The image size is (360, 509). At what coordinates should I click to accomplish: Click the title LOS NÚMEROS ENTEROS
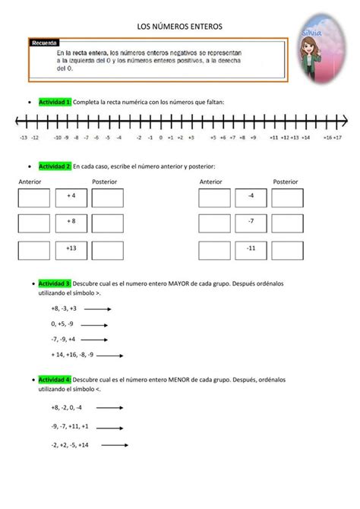[180, 27]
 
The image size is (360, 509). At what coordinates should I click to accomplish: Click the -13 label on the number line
[24, 138]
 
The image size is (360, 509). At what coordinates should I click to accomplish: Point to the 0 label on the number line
[160, 138]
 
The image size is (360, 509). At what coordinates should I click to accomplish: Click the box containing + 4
[71, 198]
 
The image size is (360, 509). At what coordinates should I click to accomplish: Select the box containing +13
[71, 250]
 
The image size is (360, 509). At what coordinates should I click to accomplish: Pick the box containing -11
[251, 250]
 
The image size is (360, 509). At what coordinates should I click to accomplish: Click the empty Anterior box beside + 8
[34, 223]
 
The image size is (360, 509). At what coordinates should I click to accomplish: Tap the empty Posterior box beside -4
[287, 198]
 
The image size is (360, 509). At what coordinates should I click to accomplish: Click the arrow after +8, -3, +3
[99, 309]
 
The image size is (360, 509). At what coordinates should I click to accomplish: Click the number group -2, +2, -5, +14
[70, 445]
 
